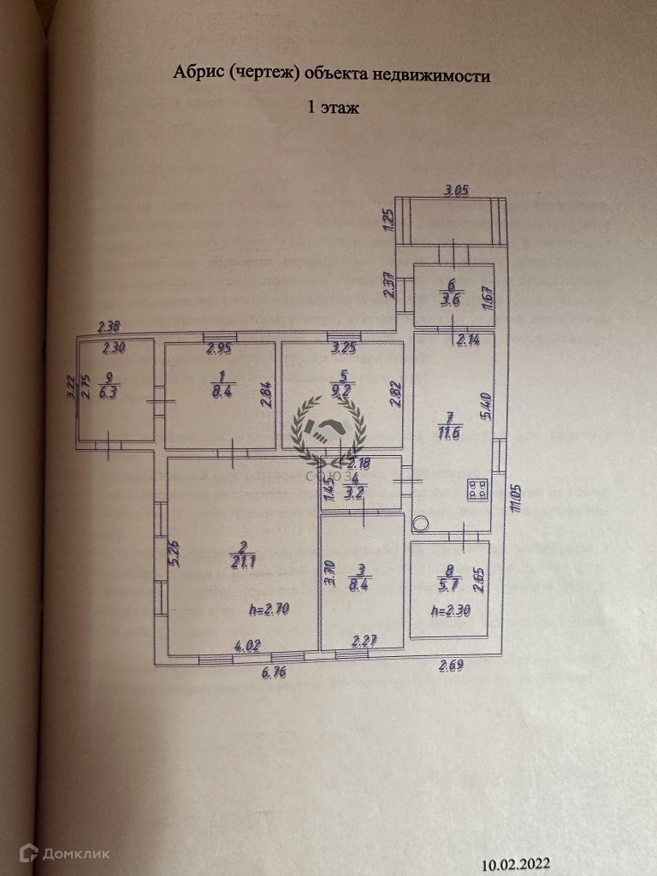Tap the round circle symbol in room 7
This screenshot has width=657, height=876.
pyautogui.click(x=421, y=523)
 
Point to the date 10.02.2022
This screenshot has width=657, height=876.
pyautogui.click(x=516, y=862)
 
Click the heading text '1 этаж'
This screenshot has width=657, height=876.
pyautogui.click(x=334, y=109)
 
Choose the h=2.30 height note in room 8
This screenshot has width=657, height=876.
pyautogui.click(x=451, y=611)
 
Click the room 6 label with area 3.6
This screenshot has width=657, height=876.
pyautogui.click(x=451, y=294)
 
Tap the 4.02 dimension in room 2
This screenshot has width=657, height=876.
pyautogui.click(x=248, y=648)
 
